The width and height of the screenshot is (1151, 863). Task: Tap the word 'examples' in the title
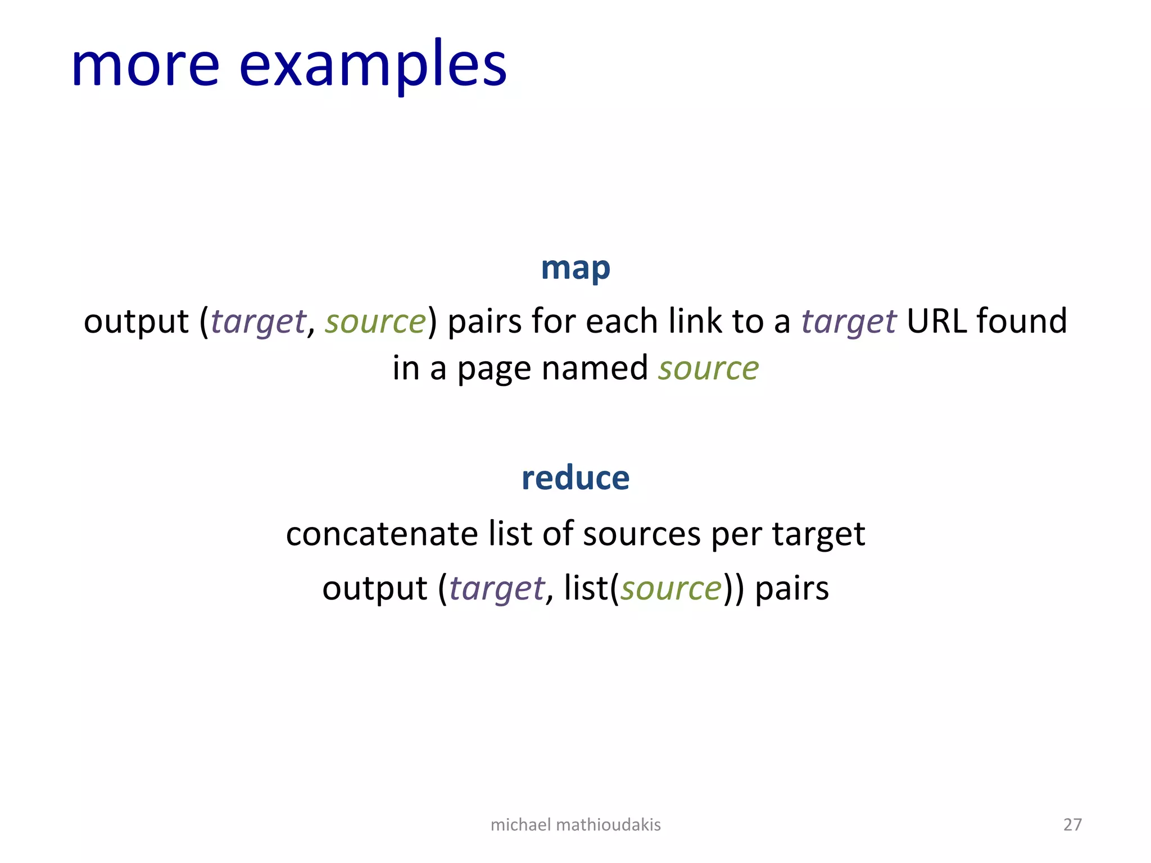[x=373, y=66]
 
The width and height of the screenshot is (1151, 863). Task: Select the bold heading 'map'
[x=575, y=269]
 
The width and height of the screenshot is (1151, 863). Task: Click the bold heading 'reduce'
[x=575, y=478]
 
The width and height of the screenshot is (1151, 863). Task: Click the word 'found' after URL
[x=1021, y=321]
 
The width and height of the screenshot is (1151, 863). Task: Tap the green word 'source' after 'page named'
[x=708, y=369]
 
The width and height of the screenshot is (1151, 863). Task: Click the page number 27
[x=1072, y=824]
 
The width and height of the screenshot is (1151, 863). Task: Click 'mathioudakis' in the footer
[x=608, y=824]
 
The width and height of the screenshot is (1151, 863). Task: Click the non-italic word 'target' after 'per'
[x=818, y=534]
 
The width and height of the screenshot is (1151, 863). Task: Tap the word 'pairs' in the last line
[x=791, y=588]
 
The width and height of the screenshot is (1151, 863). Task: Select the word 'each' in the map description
[x=622, y=321]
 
